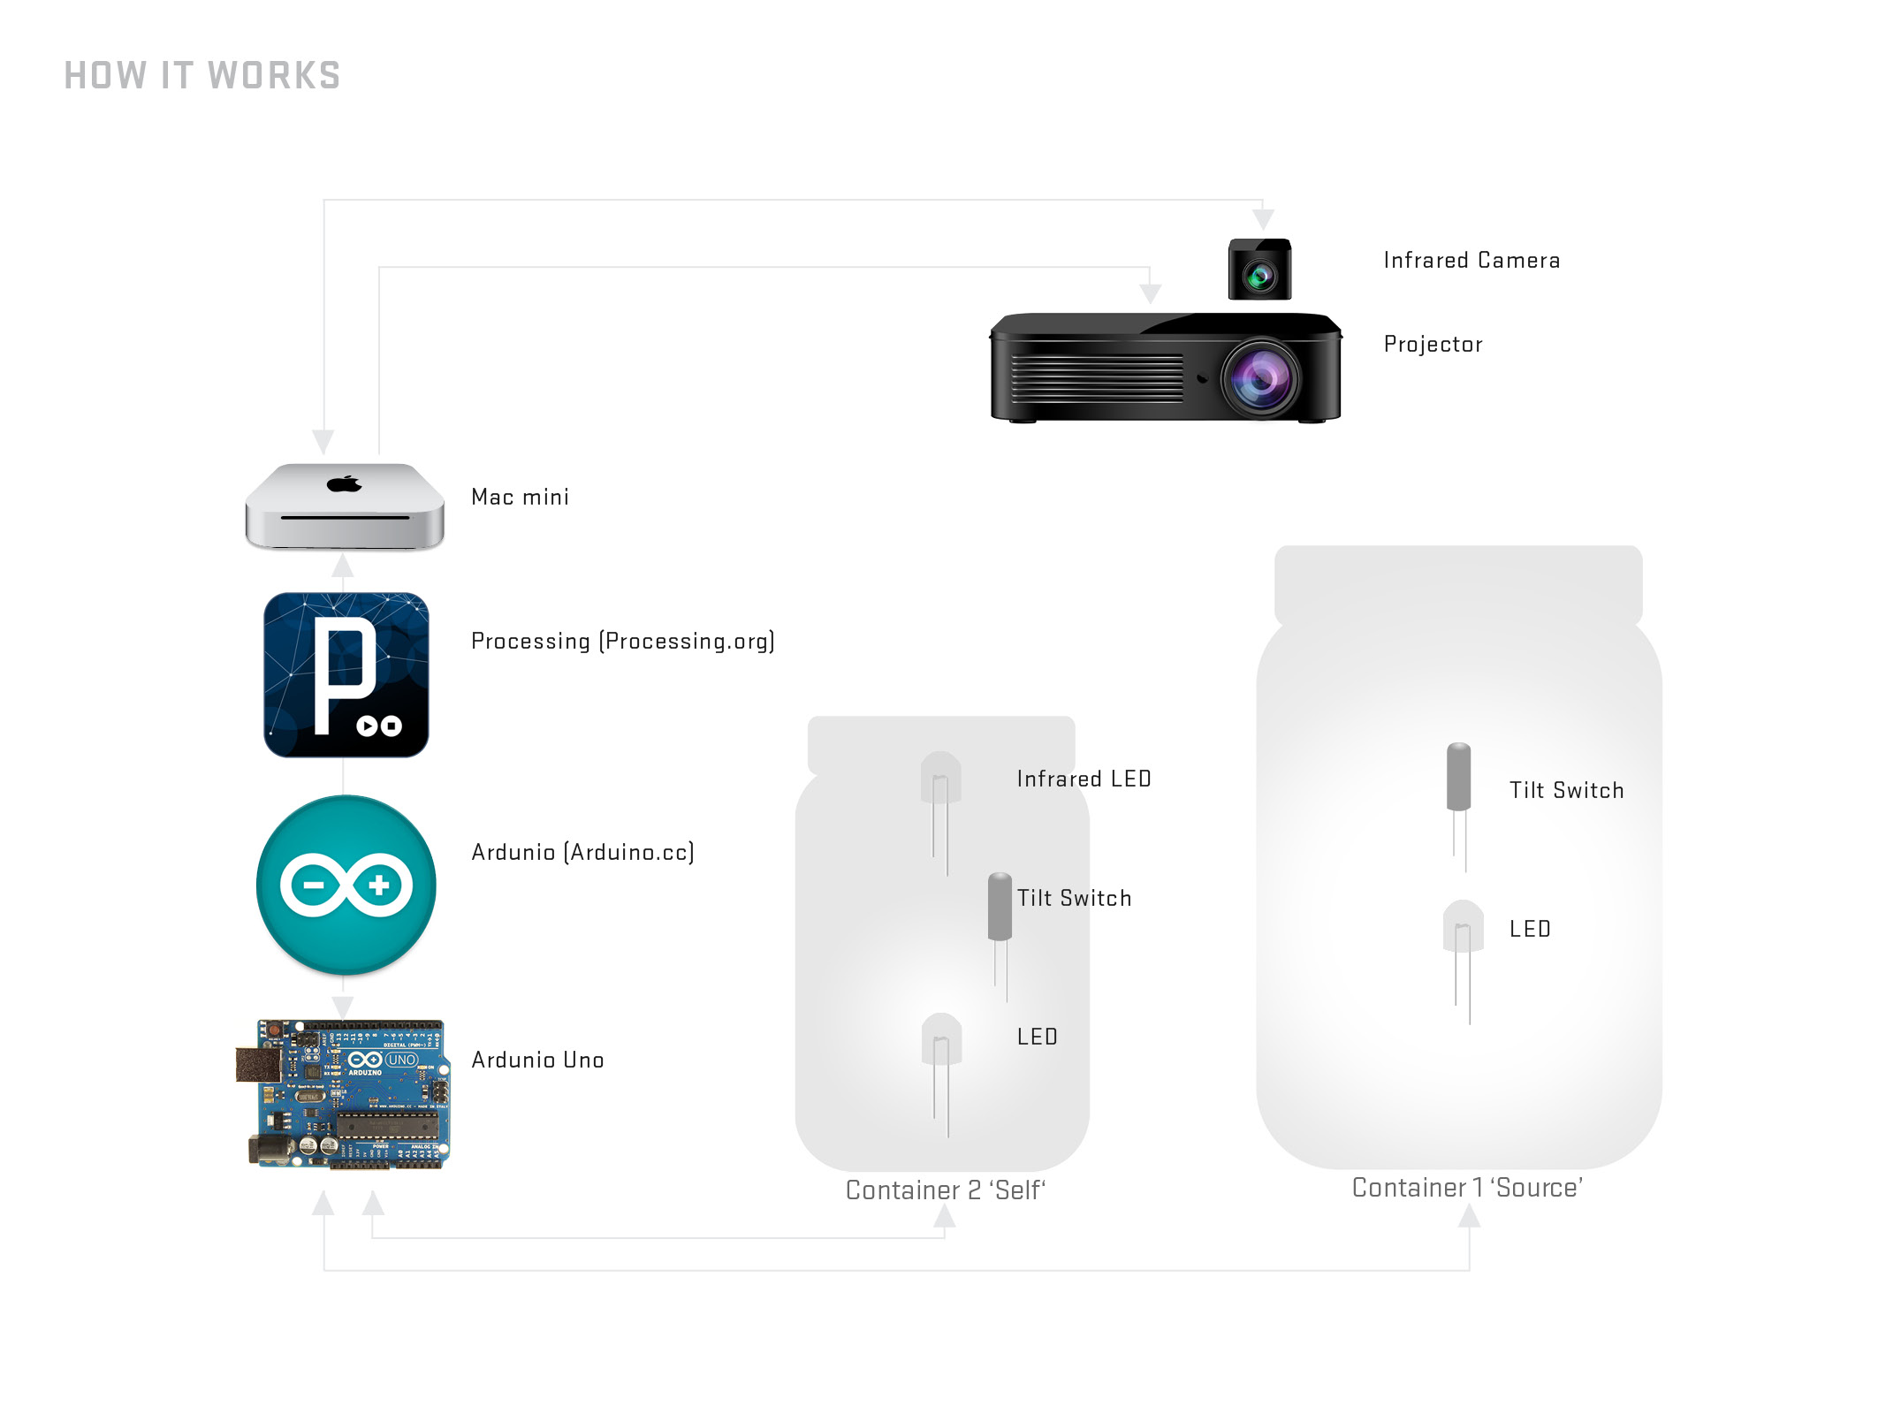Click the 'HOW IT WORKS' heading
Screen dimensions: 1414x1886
(202, 76)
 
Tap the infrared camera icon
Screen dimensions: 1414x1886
(1259, 270)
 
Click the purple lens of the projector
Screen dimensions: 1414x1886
(1262, 377)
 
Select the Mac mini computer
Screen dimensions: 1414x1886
(345, 506)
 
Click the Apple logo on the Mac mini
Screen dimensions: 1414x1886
(345, 483)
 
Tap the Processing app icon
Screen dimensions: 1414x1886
(346, 674)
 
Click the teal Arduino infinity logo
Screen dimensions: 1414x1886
(346, 885)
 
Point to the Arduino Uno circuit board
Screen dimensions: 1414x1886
(346, 1094)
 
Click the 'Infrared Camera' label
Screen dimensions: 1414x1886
(1472, 261)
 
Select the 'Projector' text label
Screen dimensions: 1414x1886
(1433, 345)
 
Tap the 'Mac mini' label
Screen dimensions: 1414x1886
(520, 498)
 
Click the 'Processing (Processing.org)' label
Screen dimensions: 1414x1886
(622, 642)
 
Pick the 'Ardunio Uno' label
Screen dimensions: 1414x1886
(537, 1060)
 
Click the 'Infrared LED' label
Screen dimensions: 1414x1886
(1084, 779)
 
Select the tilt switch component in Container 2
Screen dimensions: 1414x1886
(1000, 907)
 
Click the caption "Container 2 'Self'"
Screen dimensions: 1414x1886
(945, 1190)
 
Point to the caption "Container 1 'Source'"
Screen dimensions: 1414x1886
(1467, 1188)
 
